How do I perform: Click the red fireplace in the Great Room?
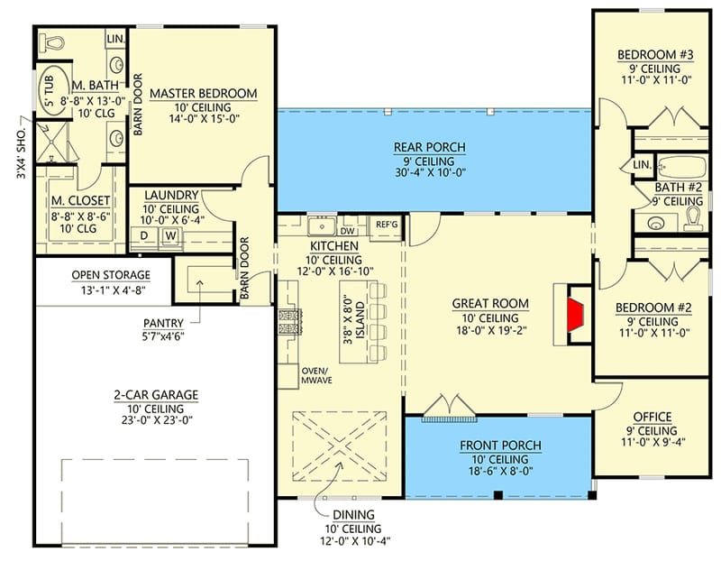[575, 317]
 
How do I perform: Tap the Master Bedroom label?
[203, 94]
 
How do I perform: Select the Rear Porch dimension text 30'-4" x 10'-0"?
[428, 177]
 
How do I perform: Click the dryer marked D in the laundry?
[144, 236]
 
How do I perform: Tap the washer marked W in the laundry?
[168, 236]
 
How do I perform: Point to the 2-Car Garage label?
[157, 395]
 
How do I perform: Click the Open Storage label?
[111, 275]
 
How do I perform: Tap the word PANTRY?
[163, 322]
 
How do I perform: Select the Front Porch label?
[500, 446]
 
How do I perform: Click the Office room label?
[653, 417]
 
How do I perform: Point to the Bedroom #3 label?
[655, 56]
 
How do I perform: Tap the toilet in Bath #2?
[692, 218]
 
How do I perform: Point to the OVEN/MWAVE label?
[316, 375]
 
